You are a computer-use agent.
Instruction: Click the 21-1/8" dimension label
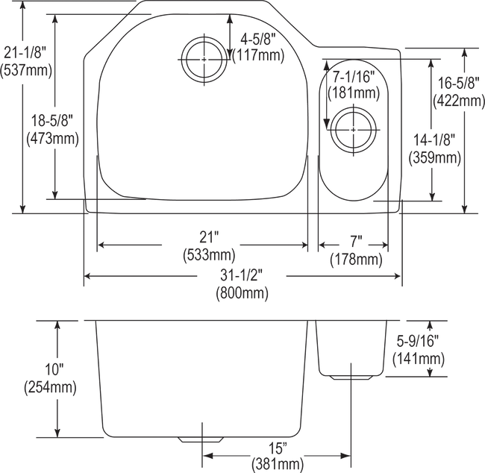25,53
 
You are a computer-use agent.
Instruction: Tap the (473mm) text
52,139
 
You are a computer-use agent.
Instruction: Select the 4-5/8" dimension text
258,40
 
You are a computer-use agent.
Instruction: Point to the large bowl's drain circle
204,60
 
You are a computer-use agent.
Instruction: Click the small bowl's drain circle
354,130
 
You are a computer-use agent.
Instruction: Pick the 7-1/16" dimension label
353,76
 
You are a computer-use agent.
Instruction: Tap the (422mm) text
459,101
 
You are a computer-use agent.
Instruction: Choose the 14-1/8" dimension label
434,140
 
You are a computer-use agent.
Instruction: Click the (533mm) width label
209,256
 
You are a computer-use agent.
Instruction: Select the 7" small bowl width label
356,241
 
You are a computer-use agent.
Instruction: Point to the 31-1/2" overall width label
242,275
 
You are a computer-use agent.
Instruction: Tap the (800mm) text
242,292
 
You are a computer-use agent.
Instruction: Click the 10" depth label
54,369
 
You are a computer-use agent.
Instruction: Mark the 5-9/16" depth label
418,341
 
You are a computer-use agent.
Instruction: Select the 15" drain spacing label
278,448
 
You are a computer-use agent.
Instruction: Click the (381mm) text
278,465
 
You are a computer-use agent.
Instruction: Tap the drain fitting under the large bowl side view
201,439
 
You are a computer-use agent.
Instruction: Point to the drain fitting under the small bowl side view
351,378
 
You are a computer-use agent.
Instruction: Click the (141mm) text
419,359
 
